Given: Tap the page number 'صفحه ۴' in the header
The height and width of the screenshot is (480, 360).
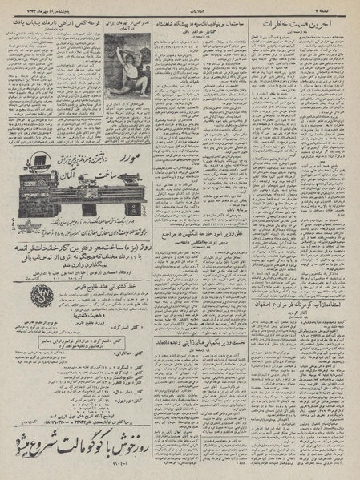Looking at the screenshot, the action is (341, 8).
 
